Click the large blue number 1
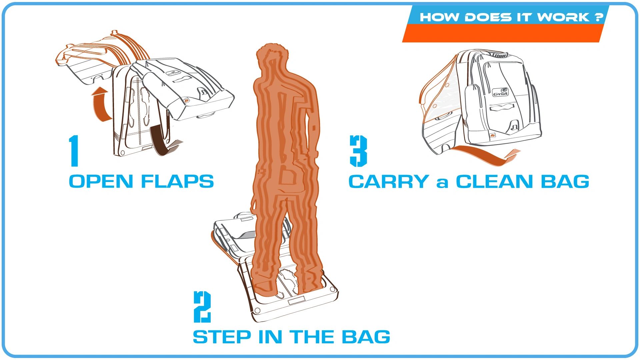pos(74,151)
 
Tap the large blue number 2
pos(202,307)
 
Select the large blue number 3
pos(358,151)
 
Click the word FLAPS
pos(177,182)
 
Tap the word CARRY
pos(389,182)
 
